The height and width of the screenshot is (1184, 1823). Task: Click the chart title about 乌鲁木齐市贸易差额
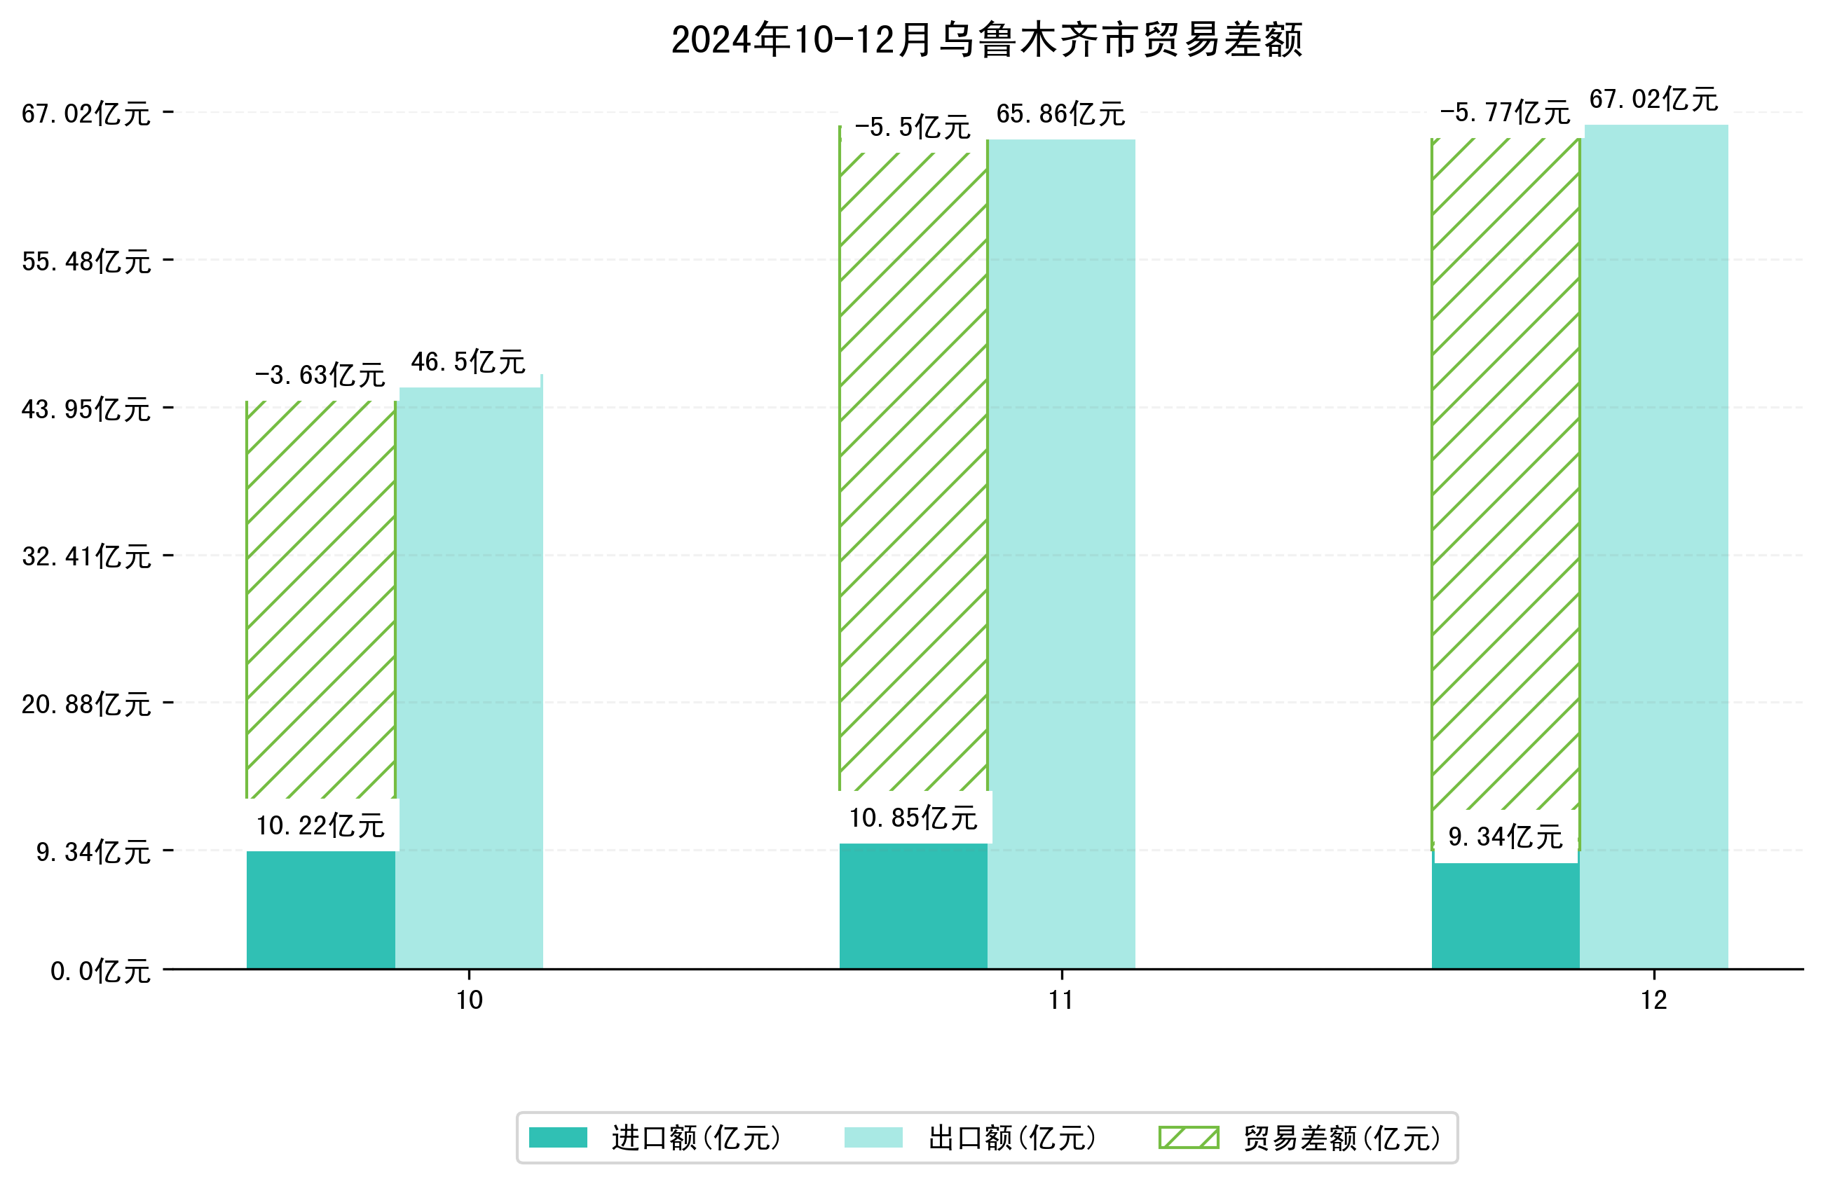(987, 40)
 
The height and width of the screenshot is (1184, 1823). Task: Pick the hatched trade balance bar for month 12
(1505, 475)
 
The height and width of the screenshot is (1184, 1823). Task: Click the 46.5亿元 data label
(468, 362)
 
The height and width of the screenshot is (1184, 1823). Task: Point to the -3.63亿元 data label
(320, 376)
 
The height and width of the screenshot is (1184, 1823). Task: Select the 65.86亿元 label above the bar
(1060, 114)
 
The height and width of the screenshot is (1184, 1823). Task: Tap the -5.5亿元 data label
(913, 127)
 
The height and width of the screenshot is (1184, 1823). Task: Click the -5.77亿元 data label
(1504, 113)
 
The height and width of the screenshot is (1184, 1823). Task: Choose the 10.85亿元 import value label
(913, 818)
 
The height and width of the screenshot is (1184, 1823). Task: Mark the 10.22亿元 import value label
(320, 825)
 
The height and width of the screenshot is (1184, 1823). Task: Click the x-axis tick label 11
(1061, 1000)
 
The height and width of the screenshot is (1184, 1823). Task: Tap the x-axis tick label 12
(1653, 1000)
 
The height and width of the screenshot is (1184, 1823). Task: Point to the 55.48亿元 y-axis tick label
(86, 262)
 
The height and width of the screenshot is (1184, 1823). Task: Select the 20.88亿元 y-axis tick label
(86, 704)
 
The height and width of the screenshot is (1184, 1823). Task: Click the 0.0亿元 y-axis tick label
(100, 971)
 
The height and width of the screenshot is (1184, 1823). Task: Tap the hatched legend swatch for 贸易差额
(1188, 1137)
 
